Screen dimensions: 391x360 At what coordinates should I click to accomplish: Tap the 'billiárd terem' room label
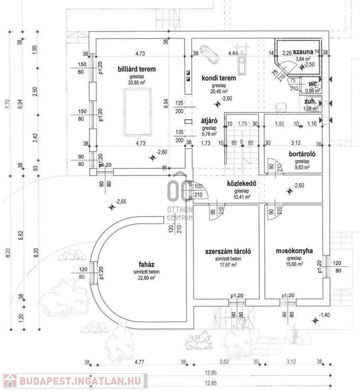tap(136, 69)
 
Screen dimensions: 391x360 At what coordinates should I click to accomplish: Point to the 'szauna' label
tap(303, 52)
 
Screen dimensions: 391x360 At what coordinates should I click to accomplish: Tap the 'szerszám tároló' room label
tap(228, 252)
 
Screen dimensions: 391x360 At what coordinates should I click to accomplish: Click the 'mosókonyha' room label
tap(294, 251)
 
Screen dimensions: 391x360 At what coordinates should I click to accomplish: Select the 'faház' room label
tap(143, 264)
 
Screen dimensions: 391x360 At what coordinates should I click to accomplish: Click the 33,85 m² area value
tap(137, 83)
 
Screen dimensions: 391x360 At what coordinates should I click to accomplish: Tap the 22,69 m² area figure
tap(143, 278)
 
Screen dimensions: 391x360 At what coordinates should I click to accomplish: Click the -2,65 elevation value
tap(121, 202)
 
